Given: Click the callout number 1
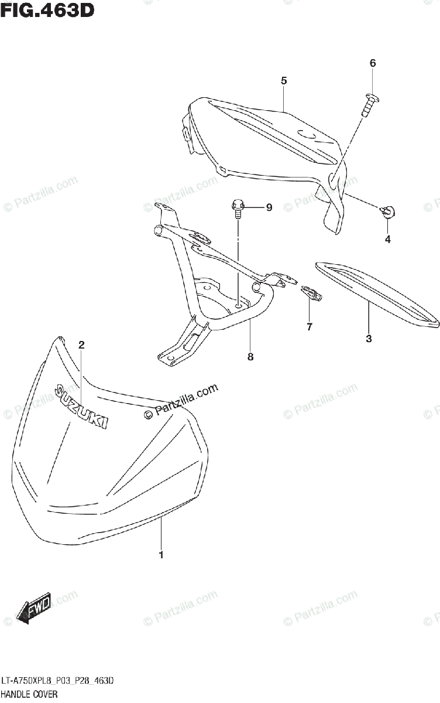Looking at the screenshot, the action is (161, 554).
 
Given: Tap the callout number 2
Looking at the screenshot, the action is (82, 345).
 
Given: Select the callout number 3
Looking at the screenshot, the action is (369, 338).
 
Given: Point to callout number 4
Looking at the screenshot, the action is (387, 239).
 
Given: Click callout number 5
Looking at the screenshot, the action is (284, 81).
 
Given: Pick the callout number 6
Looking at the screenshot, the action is (372, 63).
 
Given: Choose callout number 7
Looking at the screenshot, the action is (310, 326).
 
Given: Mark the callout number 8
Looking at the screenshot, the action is (250, 356).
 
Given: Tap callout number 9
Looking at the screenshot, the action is (269, 207).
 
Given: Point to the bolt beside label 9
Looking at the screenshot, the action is (238, 208).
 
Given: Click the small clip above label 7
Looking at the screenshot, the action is (310, 291).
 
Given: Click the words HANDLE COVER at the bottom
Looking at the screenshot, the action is (29, 694).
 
